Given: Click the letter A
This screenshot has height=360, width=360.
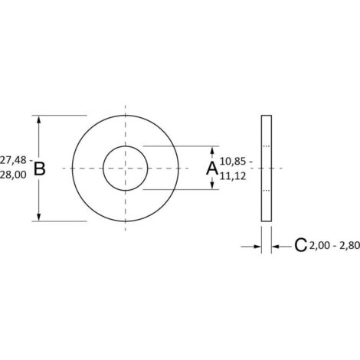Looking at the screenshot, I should pos(212,168).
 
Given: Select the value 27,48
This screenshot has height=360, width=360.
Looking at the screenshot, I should pos(14,160).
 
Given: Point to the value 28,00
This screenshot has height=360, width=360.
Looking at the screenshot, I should pos(14,175).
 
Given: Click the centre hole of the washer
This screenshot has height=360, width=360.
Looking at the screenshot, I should pos(125,168).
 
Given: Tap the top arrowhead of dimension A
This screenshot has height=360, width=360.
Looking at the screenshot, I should pos(212,149).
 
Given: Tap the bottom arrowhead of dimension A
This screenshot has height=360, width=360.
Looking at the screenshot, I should pos(212,186).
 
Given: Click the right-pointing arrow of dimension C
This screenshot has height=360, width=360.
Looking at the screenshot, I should pos(256,246).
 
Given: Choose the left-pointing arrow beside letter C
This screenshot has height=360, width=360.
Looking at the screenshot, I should pos(278,246).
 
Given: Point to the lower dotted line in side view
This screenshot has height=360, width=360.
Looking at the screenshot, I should pos(267,189).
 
